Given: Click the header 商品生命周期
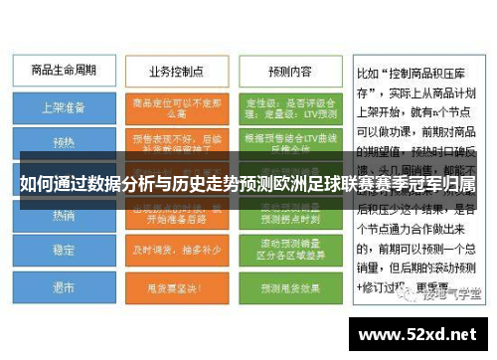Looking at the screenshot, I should tap(64, 72).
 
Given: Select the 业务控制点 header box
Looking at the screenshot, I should tap(175, 72).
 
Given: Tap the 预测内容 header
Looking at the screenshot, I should tap(290, 72).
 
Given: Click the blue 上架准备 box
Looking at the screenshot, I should tap(64, 105).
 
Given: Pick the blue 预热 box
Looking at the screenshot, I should tap(64, 141).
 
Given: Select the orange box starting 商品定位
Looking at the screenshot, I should tap(177, 105).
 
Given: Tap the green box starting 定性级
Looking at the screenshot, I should tap(290, 105).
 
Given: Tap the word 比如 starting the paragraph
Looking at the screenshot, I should tap(368, 73).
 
